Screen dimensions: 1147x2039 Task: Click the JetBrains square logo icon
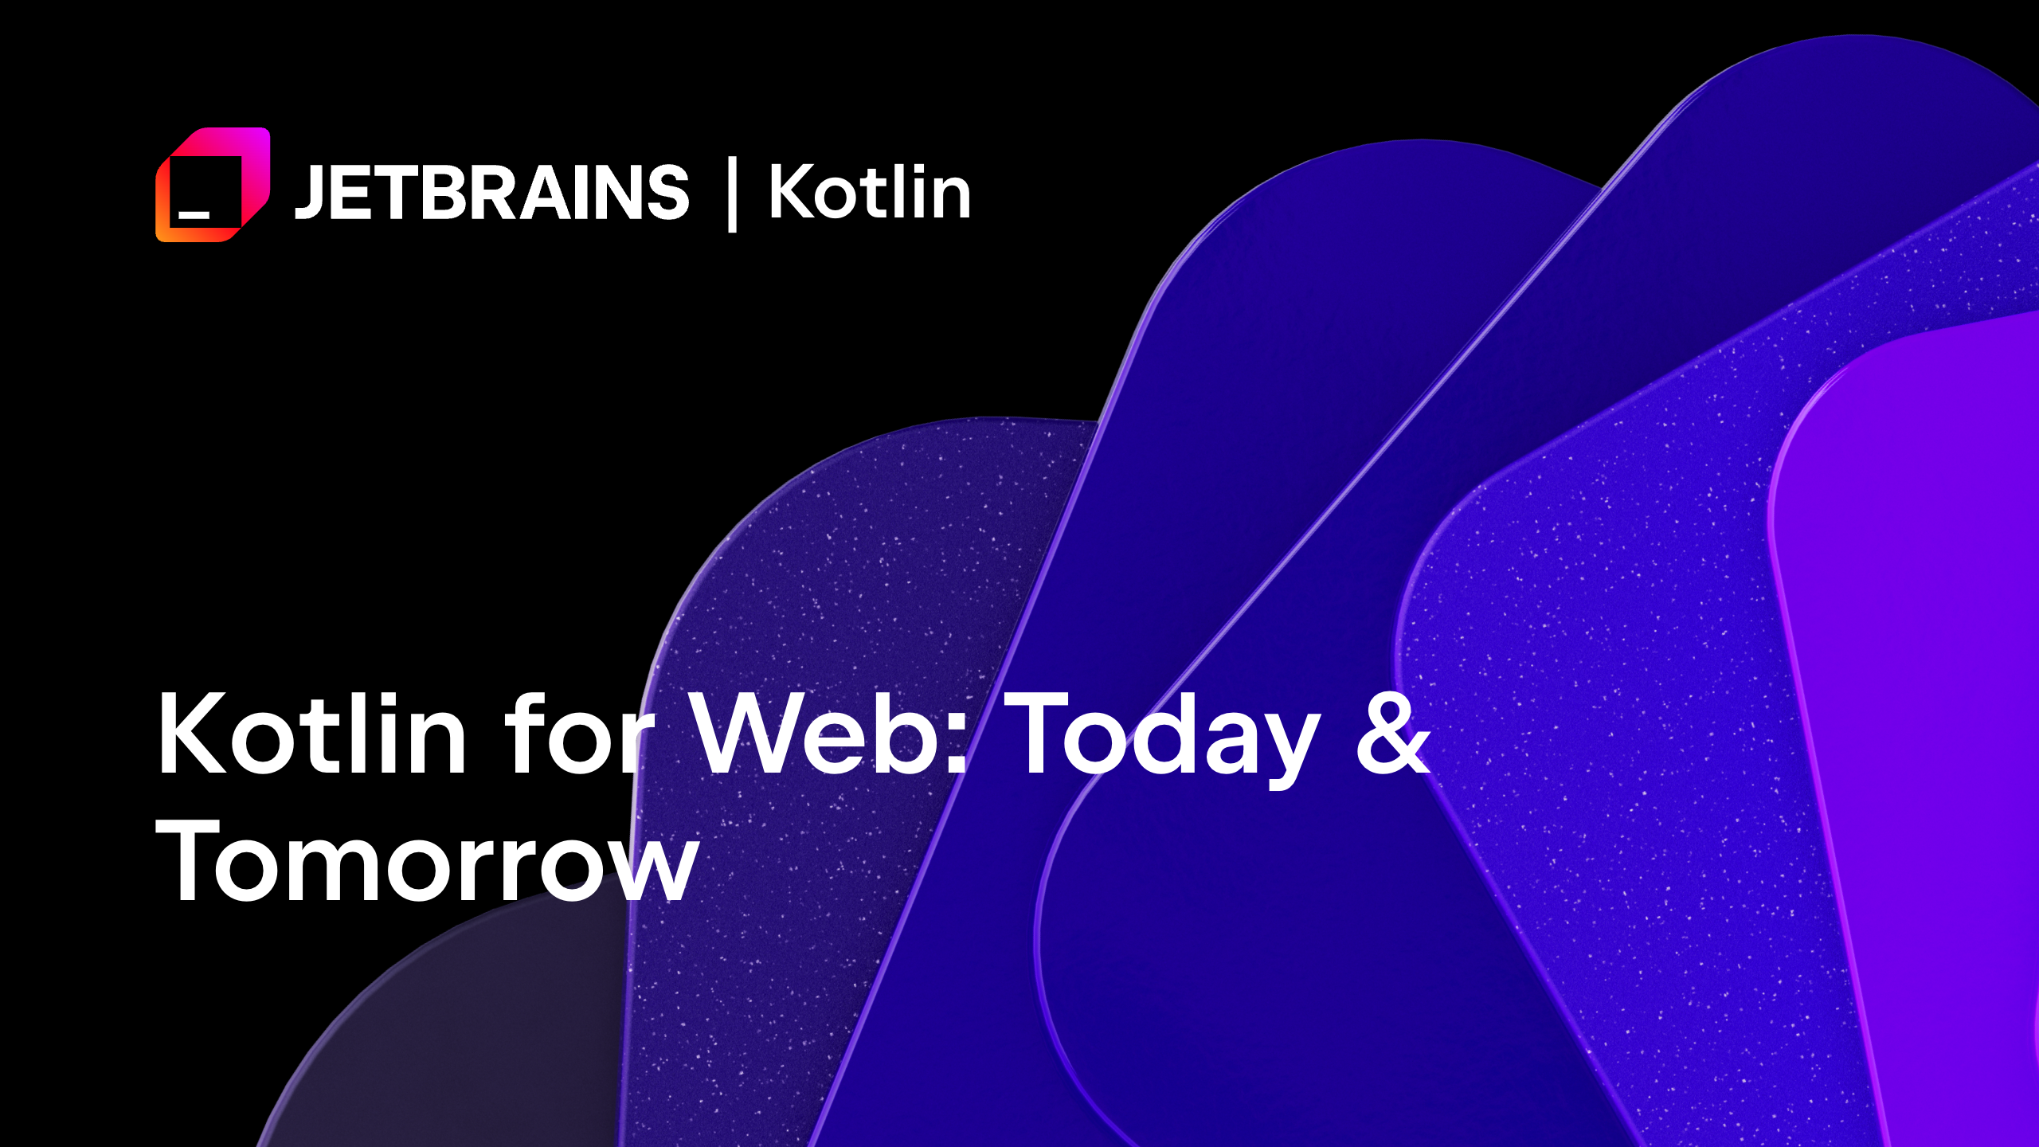pyautogui.click(x=213, y=184)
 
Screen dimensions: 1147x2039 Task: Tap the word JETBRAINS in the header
pyautogui.click(x=491, y=192)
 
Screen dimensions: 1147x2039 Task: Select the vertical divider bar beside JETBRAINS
pyautogui.click(x=732, y=195)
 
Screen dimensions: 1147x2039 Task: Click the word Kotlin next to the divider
pyautogui.click(x=870, y=192)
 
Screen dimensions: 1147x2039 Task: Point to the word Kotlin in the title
pyautogui.click(x=311, y=734)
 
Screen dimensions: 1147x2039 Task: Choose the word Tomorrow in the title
pyautogui.click(x=427, y=862)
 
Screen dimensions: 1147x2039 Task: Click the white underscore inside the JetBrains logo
pyautogui.click(x=194, y=214)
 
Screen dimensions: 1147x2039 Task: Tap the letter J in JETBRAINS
pyautogui.click(x=308, y=194)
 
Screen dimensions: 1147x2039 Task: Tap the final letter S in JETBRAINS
pyautogui.click(x=667, y=192)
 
